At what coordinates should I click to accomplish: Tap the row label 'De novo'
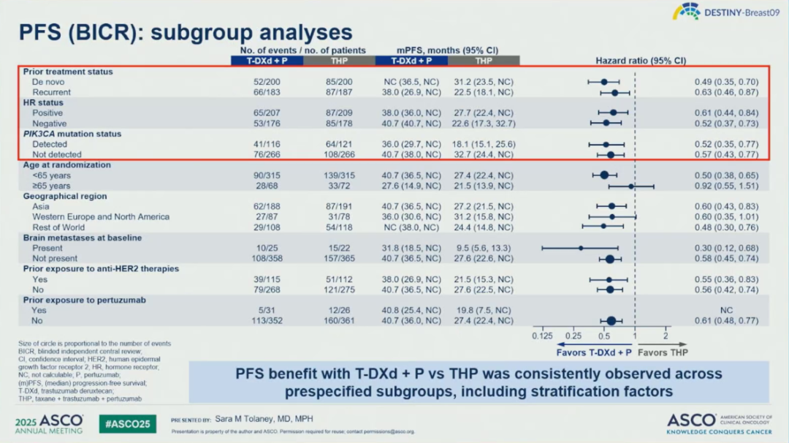[49, 82]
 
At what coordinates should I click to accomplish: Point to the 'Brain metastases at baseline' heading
[82, 238]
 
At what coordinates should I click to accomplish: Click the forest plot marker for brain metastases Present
[581, 248]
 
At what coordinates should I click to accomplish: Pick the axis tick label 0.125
[542, 336]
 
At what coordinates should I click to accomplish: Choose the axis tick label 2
[666, 336]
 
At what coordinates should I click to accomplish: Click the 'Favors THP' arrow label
[662, 352]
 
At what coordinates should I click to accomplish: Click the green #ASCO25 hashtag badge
[127, 423]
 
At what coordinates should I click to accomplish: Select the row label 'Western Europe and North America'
[101, 216]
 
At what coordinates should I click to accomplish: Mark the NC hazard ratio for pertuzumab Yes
[726, 310]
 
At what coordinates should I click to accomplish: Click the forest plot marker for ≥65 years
[630, 186]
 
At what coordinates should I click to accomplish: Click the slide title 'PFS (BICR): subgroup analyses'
[186, 32]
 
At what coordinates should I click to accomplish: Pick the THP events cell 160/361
[338, 320]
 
